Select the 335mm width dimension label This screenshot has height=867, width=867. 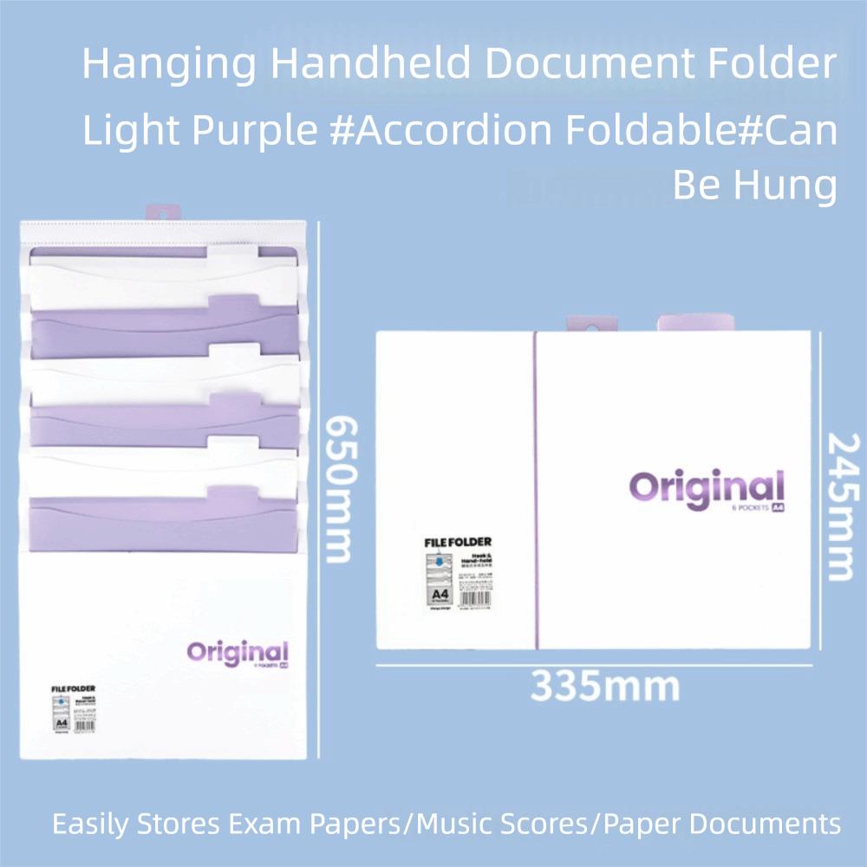[604, 687]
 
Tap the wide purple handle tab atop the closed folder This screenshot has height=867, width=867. [695, 323]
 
